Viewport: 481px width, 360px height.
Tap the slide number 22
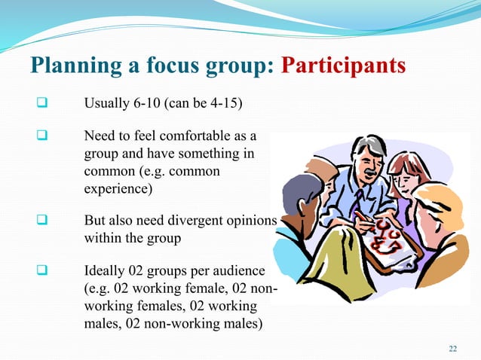point(452,347)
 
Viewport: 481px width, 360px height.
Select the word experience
point(115,188)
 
